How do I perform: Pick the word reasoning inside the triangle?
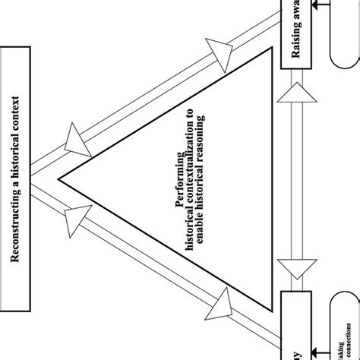coord(201,128)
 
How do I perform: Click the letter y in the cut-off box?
coord(297,351)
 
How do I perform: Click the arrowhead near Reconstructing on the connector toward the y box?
coord(79,217)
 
